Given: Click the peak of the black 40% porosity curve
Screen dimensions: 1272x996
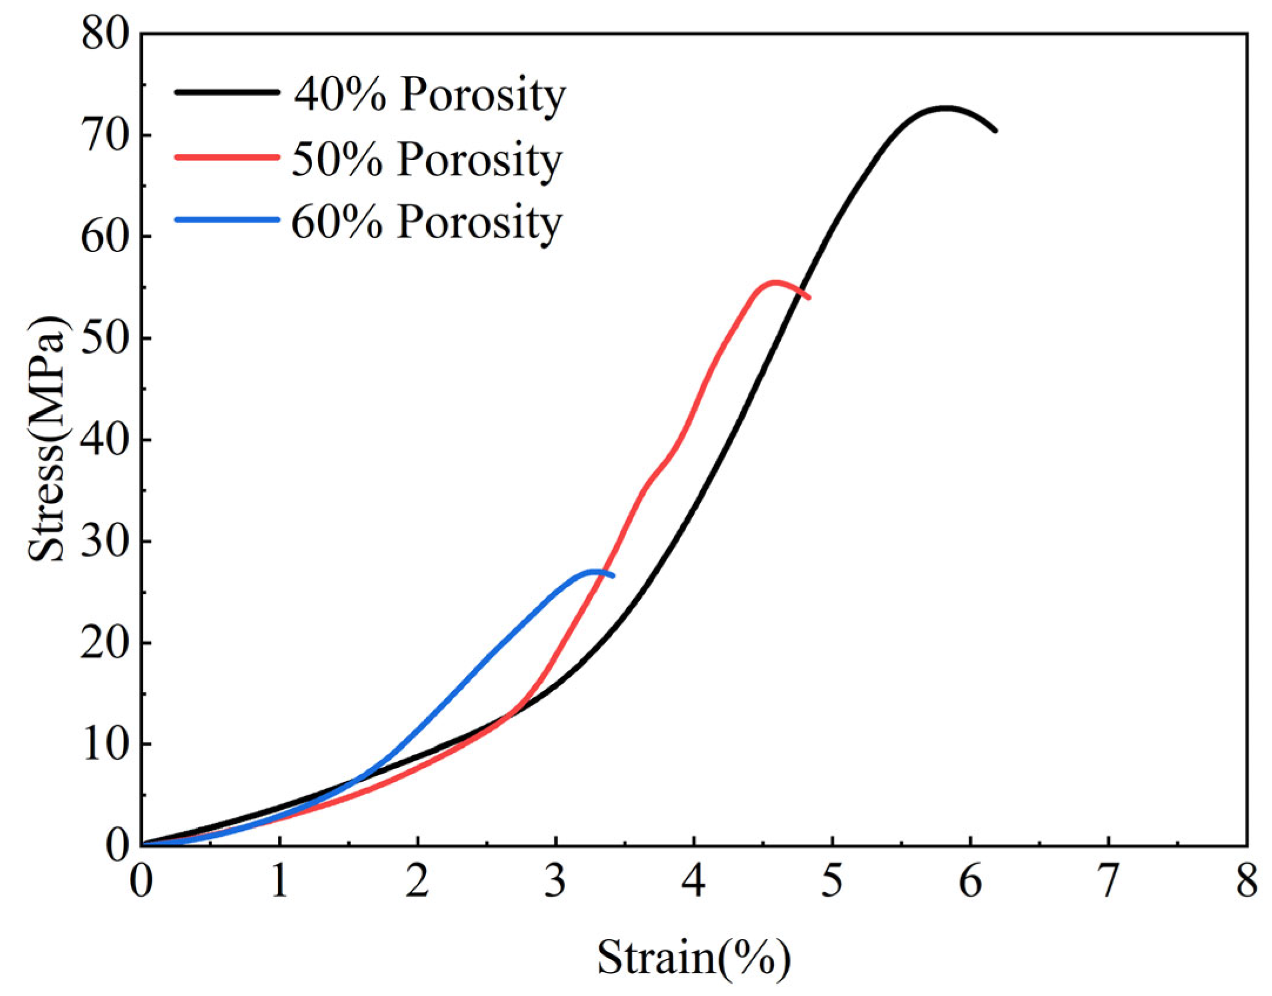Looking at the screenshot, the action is point(945,108).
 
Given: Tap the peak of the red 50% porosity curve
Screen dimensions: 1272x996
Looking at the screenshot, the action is point(775,283).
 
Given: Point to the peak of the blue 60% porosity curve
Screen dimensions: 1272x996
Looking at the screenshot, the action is point(595,571).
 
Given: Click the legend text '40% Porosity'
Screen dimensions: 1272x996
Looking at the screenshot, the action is point(430,95).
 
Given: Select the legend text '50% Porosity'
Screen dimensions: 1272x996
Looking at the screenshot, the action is point(427,160).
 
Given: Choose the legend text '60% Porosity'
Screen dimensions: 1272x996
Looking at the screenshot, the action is point(427,223).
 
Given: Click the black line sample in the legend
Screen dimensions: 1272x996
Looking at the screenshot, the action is point(227,92).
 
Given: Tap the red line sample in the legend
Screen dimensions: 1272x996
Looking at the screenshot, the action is point(227,156).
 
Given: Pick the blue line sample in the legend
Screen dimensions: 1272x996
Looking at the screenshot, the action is point(227,220).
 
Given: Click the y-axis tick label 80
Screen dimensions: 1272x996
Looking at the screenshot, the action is point(105,33).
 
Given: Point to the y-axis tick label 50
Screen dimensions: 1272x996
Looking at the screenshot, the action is point(105,338).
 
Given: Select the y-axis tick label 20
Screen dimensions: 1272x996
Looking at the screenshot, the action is point(105,643).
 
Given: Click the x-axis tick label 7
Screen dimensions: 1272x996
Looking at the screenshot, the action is point(1108,881).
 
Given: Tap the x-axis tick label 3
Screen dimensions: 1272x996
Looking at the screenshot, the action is point(555,881).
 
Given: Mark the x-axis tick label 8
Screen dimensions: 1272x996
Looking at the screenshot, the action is point(1247,881).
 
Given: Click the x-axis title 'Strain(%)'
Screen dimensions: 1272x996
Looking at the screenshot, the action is point(694,959).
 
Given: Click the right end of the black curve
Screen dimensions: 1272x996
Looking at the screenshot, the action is point(995,130).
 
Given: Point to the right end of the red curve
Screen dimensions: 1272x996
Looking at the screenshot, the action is point(809,297).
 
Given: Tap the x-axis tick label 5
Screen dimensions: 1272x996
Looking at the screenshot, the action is point(832,881).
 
